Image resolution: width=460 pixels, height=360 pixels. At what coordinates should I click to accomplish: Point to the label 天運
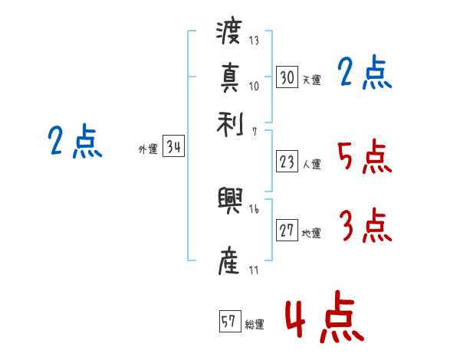click(311, 80)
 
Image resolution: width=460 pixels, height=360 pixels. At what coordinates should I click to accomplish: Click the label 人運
click(311, 164)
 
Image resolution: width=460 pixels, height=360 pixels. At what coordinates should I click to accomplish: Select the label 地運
click(311, 234)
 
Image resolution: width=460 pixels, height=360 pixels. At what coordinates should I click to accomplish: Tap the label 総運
click(255, 324)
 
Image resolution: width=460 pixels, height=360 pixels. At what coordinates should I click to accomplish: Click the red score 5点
click(365, 157)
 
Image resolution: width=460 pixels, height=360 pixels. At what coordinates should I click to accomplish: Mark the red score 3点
click(365, 227)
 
